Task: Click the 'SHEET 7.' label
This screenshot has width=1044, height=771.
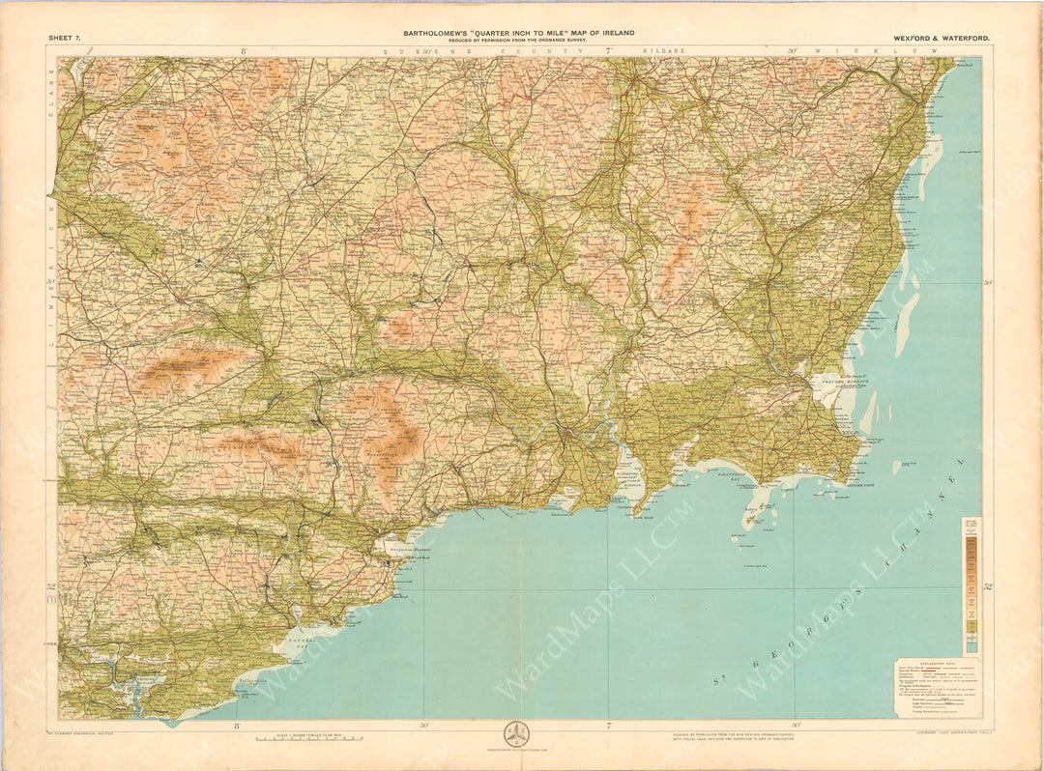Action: coord(65,37)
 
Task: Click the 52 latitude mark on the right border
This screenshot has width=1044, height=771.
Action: coord(988,586)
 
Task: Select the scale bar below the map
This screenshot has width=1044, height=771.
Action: coord(308,738)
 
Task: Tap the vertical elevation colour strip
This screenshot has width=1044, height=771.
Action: coord(971,589)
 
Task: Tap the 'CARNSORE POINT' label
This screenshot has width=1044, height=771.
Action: coord(866,486)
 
